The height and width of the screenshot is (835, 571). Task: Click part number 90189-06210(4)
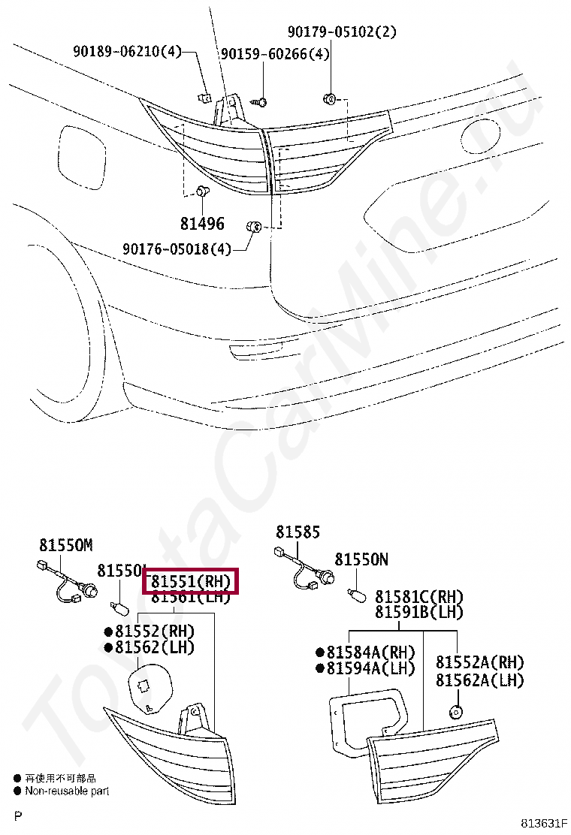click(x=128, y=52)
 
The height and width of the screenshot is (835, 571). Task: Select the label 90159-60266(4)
click(x=274, y=54)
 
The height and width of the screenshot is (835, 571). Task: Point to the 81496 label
click(x=202, y=223)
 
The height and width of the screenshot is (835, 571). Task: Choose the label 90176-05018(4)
click(x=177, y=249)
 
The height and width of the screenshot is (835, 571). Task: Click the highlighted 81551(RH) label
click(x=190, y=580)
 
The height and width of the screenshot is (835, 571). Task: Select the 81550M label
click(x=65, y=545)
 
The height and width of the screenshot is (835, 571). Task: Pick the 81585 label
click(x=298, y=532)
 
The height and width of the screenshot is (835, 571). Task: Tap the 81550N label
click(x=361, y=559)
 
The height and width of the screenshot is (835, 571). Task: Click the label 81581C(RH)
click(x=419, y=597)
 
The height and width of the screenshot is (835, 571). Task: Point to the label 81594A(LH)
click(x=366, y=668)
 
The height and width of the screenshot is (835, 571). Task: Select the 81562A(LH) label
click(x=480, y=680)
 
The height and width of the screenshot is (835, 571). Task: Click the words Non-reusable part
click(x=67, y=790)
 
